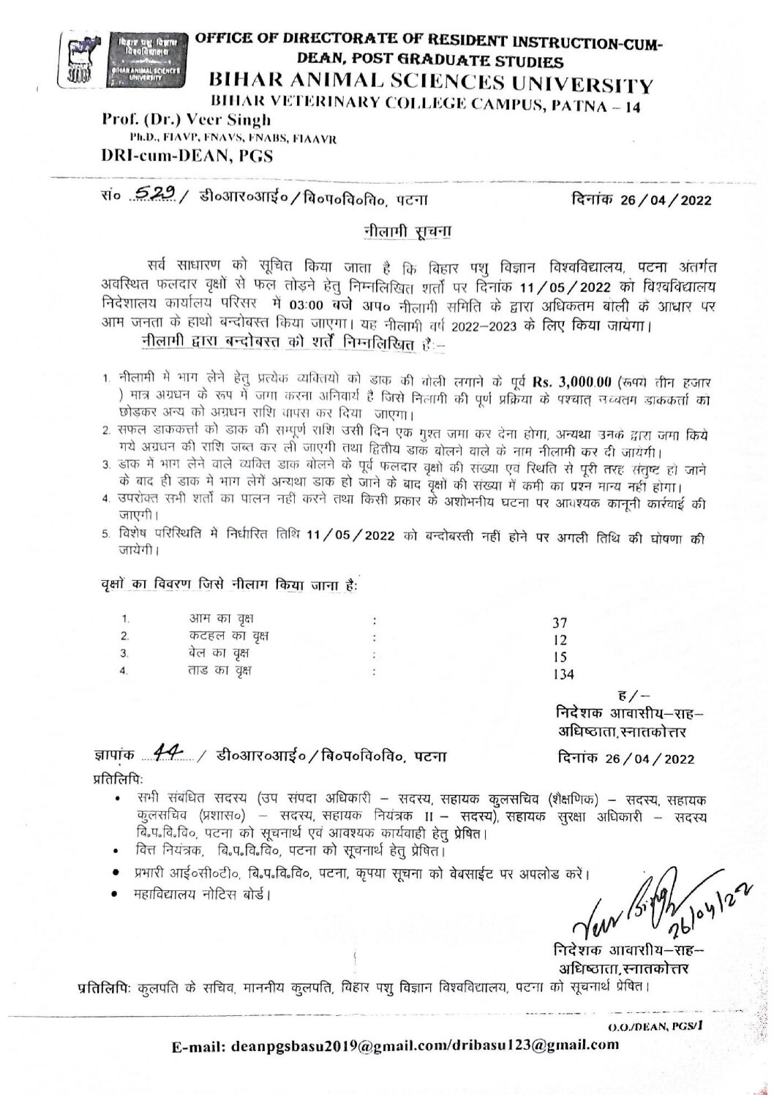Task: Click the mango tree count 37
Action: (560, 623)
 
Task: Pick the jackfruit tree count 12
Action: (559, 639)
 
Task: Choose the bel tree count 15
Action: (559, 656)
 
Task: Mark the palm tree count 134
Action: (563, 674)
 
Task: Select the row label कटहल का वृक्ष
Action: (228, 636)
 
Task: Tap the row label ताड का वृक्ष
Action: (220, 669)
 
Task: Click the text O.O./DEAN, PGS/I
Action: (654, 1026)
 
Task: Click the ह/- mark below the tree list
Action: (628, 695)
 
